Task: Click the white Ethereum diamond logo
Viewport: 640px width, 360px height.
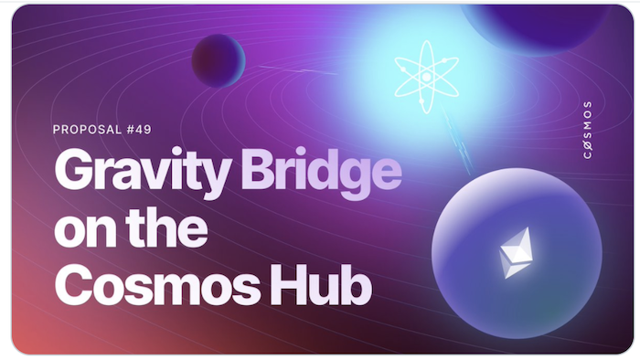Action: (x=513, y=252)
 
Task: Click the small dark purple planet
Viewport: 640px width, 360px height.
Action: (x=219, y=60)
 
